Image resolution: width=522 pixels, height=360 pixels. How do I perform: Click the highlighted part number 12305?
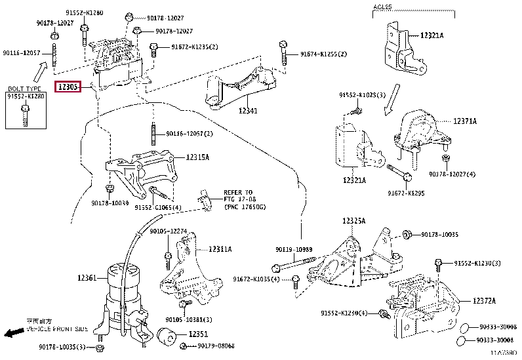click(68, 87)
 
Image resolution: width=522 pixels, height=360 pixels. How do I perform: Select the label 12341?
click(248, 111)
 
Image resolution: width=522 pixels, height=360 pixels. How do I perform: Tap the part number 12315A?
click(197, 157)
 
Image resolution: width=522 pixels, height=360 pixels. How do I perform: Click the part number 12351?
click(199, 334)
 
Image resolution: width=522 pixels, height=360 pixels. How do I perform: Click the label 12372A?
click(484, 300)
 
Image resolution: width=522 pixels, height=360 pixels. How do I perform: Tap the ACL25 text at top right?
click(383, 6)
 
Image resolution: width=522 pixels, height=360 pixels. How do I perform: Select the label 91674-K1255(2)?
click(323, 54)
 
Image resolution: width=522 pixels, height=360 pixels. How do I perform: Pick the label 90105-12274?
click(169, 231)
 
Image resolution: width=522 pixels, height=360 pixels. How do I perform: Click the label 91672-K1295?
click(406, 193)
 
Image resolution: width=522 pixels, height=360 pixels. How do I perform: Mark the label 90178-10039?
click(111, 204)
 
